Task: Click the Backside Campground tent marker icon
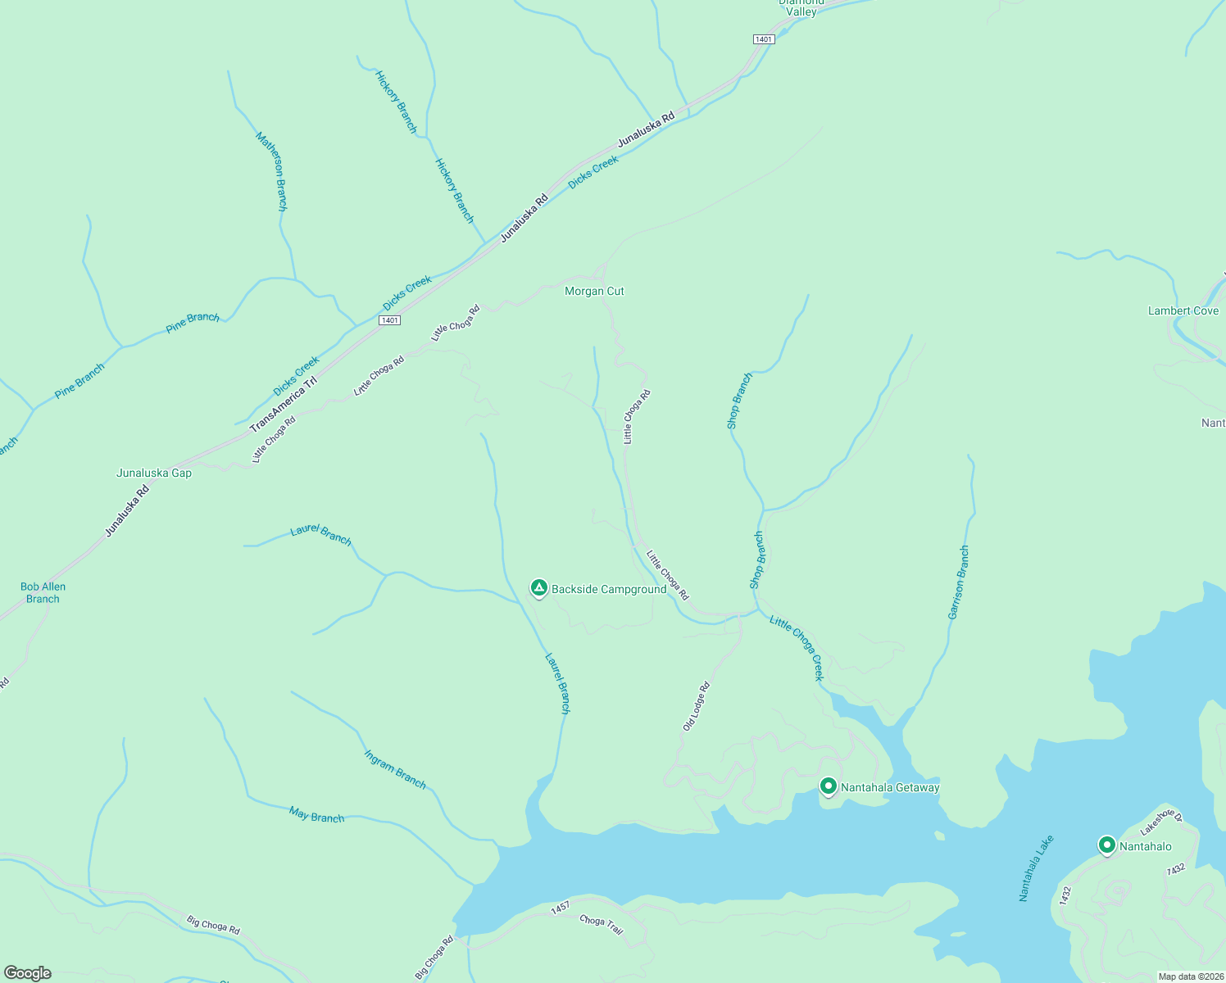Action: click(x=538, y=587)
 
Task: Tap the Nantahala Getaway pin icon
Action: click(x=828, y=786)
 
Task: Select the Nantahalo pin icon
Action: click(x=1107, y=845)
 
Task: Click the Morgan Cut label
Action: click(x=594, y=291)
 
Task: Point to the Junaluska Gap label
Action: click(x=154, y=473)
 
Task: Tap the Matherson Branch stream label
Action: click(x=272, y=171)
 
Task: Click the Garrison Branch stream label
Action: click(x=958, y=582)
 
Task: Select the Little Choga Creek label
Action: click(x=797, y=647)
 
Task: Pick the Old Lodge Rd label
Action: click(x=696, y=706)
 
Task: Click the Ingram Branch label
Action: click(x=395, y=769)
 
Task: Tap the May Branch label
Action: click(x=316, y=816)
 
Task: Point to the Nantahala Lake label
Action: click(x=1037, y=868)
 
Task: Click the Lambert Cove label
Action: click(x=1183, y=310)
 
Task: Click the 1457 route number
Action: click(x=561, y=908)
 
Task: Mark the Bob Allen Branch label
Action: click(x=43, y=592)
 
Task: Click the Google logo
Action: click(x=27, y=973)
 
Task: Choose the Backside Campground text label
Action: click(x=609, y=589)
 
